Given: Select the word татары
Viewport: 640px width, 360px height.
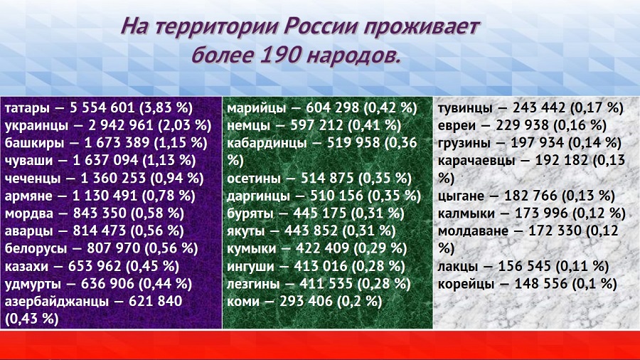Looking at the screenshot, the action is coord(27,109).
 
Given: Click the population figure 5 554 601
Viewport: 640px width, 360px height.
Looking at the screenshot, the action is coord(102,107).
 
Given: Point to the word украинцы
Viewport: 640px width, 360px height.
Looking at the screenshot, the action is coord(36,126).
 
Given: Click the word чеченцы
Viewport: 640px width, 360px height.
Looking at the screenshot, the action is coord(33,179).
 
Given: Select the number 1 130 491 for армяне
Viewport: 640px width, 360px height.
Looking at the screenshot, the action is coord(105,196).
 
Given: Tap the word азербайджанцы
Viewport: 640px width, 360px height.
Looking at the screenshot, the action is coord(57,302).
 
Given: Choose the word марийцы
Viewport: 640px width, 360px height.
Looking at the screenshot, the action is coord(256,109).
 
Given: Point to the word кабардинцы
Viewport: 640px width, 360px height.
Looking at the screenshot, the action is coord(267,143).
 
